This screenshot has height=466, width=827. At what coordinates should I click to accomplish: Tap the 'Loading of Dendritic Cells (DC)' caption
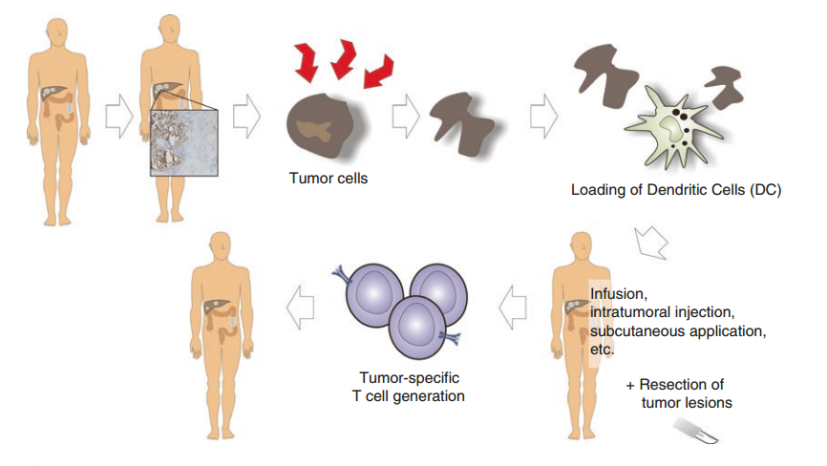(x=675, y=189)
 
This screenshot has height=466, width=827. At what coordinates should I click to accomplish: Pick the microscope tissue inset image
(x=184, y=141)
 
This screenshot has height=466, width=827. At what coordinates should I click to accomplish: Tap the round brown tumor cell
(x=320, y=124)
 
